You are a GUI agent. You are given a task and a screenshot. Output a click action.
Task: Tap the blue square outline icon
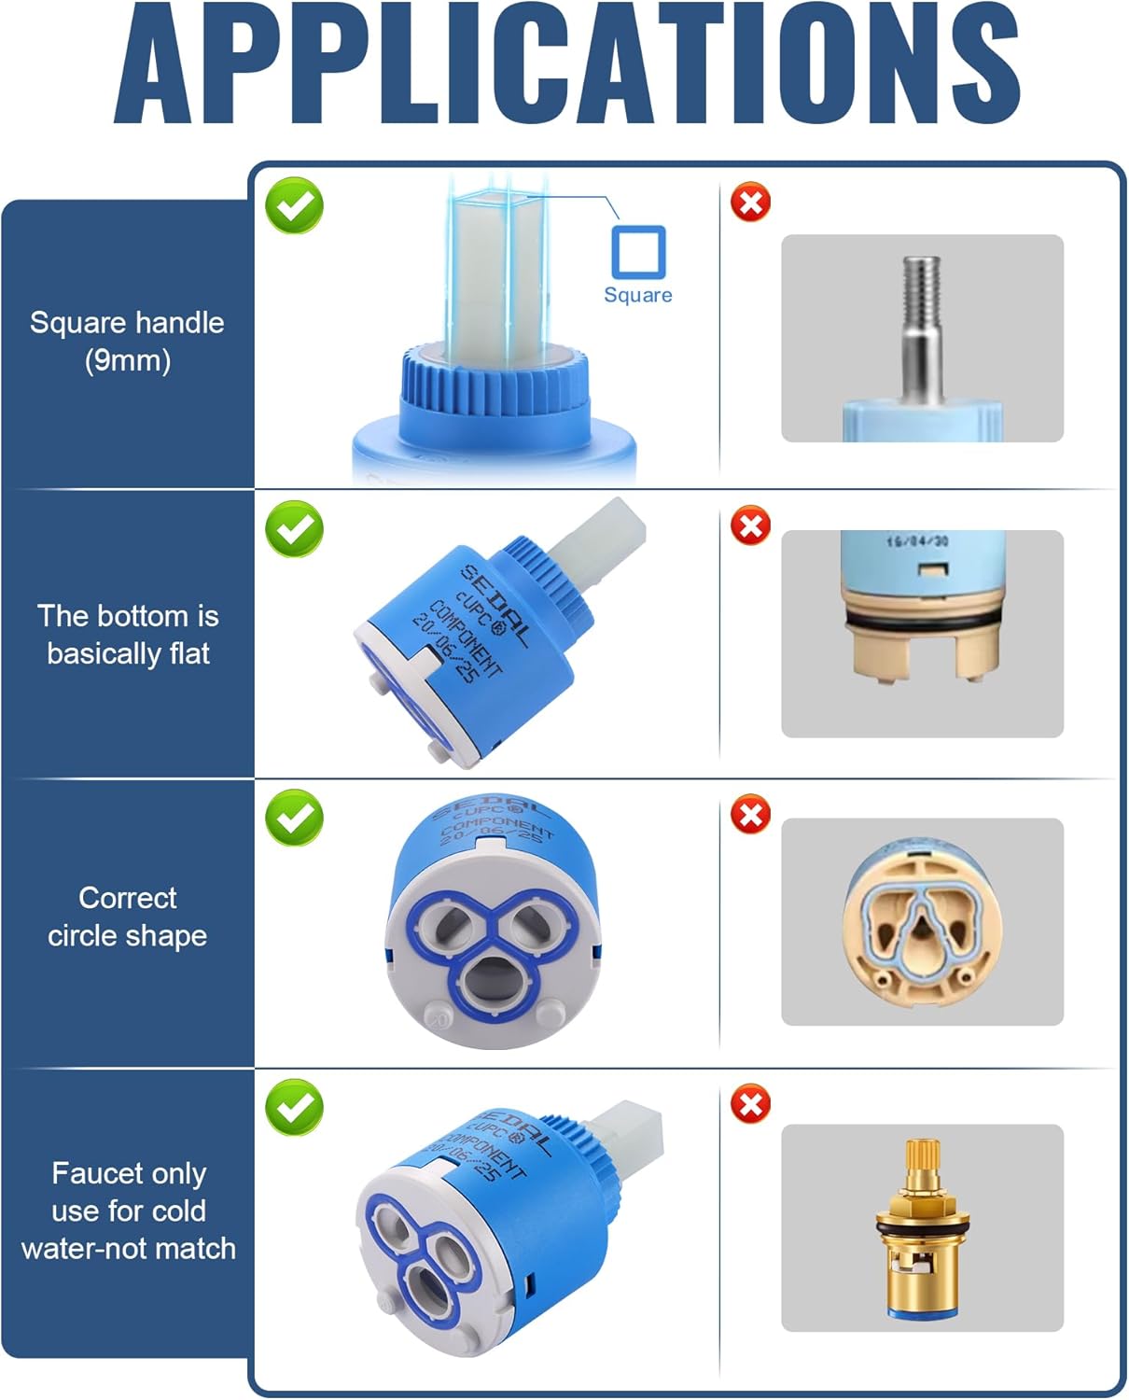(x=638, y=252)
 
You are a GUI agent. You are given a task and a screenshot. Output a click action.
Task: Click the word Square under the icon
(x=638, y=295)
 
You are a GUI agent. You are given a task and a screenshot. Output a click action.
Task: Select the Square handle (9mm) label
(x=127, y=341)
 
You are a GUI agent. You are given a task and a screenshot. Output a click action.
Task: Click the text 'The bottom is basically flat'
(x=128, y=635)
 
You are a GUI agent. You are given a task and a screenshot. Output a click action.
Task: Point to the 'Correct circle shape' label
(x=128, y=917)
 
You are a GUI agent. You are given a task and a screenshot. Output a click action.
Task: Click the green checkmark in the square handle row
(x=295, y=206)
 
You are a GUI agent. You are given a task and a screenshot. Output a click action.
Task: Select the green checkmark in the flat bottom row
(x=295, y=529)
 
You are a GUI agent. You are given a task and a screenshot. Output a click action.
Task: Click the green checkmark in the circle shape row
(x=295, y=818)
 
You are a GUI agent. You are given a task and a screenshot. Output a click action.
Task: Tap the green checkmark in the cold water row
(x=295, y=1107)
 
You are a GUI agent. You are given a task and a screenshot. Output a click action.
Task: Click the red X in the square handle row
(x=750, y=203)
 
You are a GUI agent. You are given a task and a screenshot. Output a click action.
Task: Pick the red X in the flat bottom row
(x=750, y=526)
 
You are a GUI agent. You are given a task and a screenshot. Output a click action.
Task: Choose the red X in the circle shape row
(x=750, y=814)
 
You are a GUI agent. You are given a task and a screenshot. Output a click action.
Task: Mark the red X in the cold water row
(x=750, y=1104)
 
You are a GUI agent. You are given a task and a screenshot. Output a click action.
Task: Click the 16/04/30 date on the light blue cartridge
(x=917, y=541)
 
